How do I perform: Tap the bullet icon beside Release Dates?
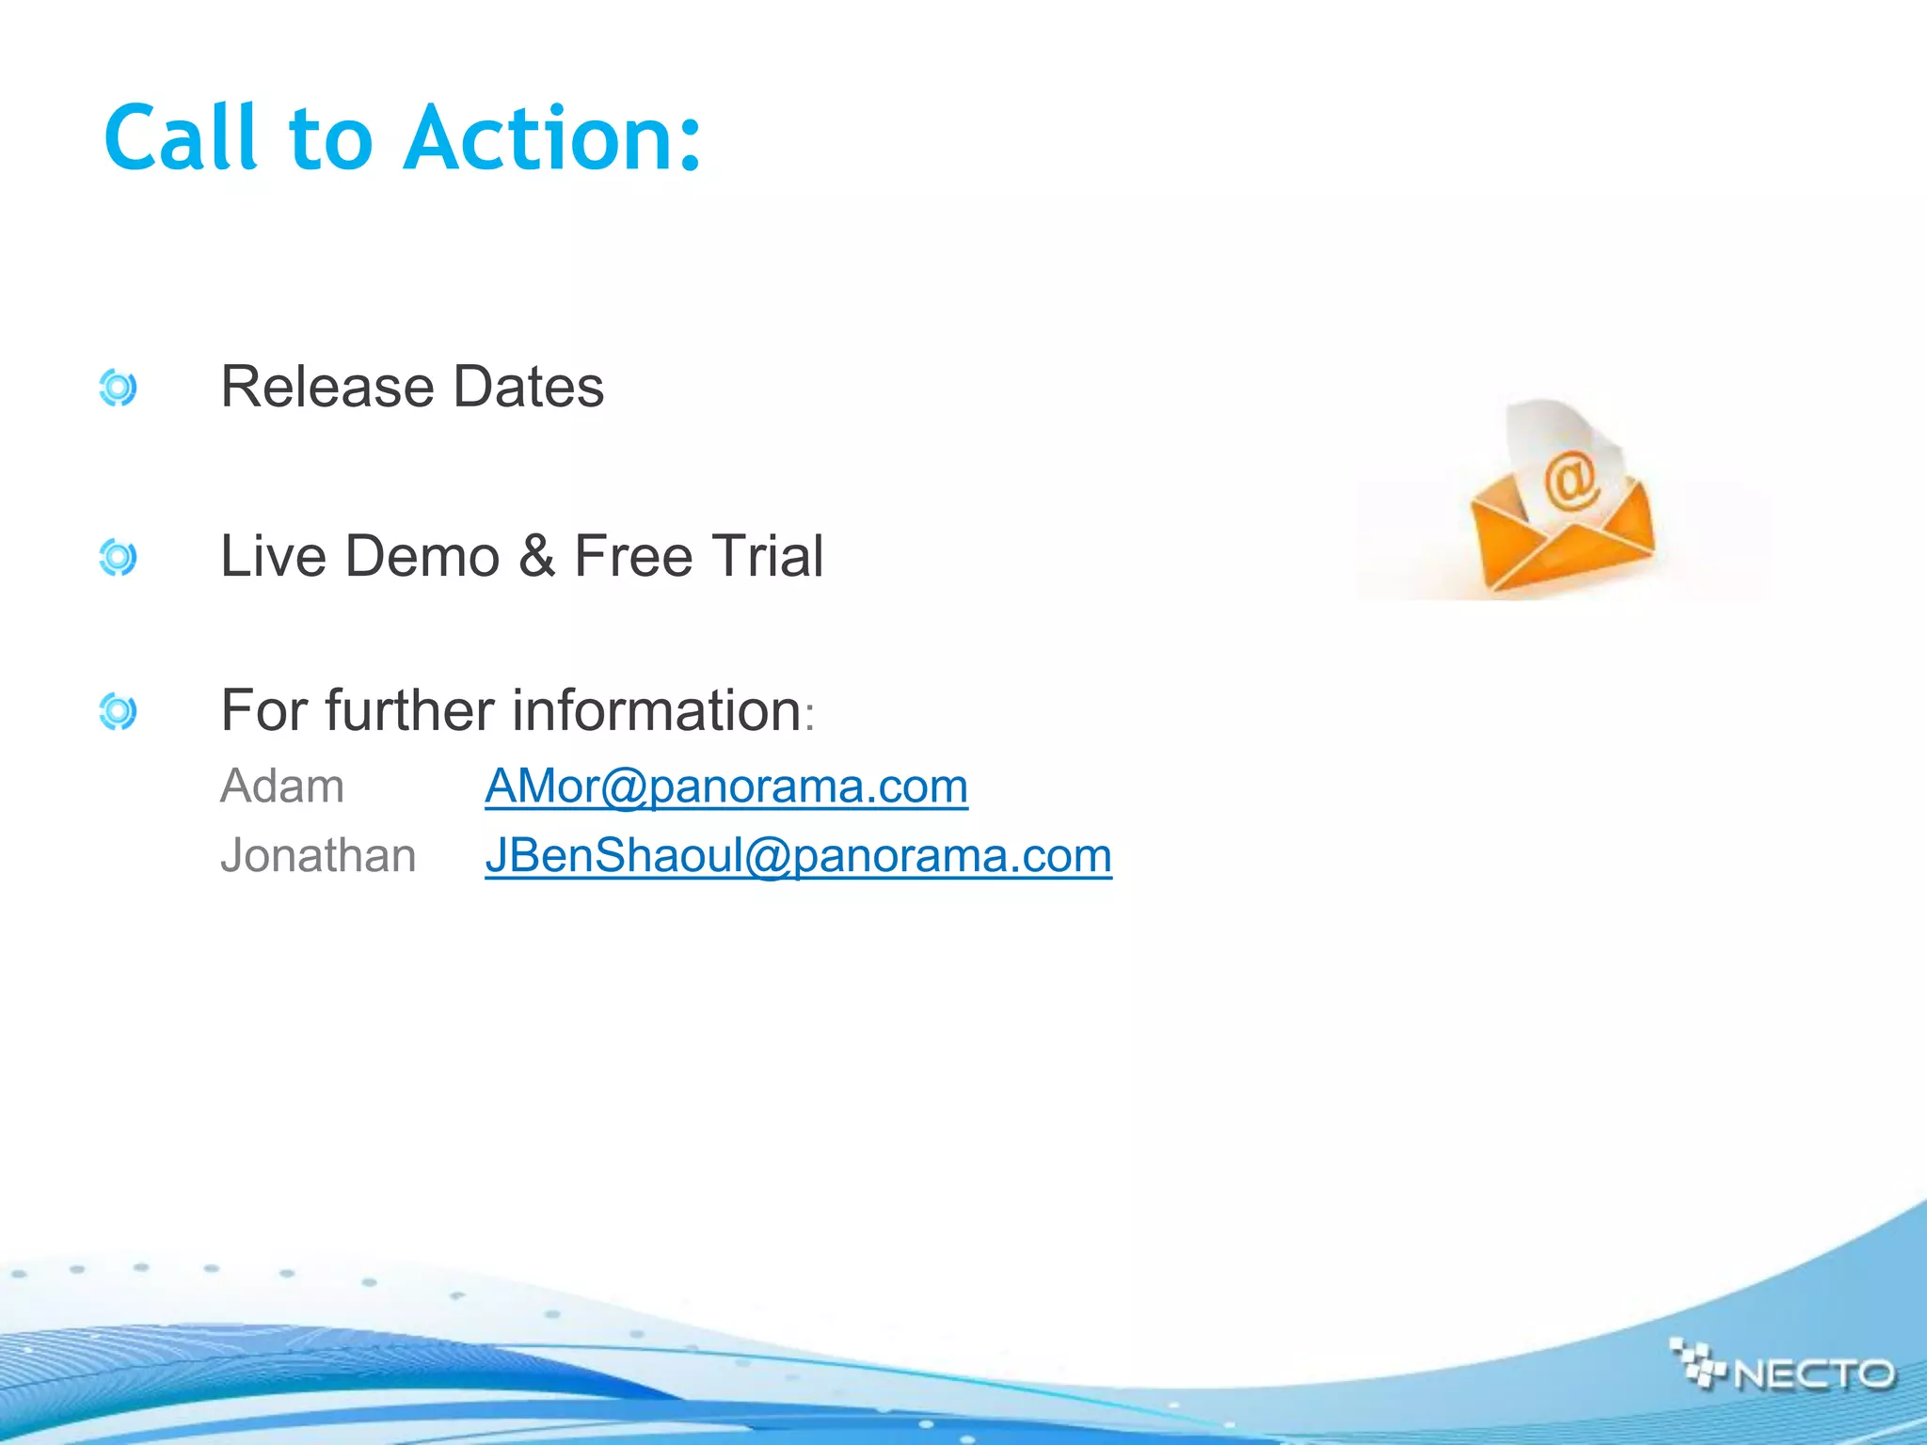118,388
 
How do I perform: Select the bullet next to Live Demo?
118,557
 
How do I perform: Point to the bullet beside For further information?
118,711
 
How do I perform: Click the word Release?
326,387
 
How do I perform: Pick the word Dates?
528,387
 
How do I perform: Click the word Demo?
422,556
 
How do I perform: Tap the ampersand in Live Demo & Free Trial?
536,556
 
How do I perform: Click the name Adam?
282,786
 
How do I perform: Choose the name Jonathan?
318,856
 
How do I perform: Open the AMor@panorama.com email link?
726,786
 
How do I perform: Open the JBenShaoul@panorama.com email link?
798,856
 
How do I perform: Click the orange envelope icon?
1562,536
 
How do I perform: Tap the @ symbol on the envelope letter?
1569,481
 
